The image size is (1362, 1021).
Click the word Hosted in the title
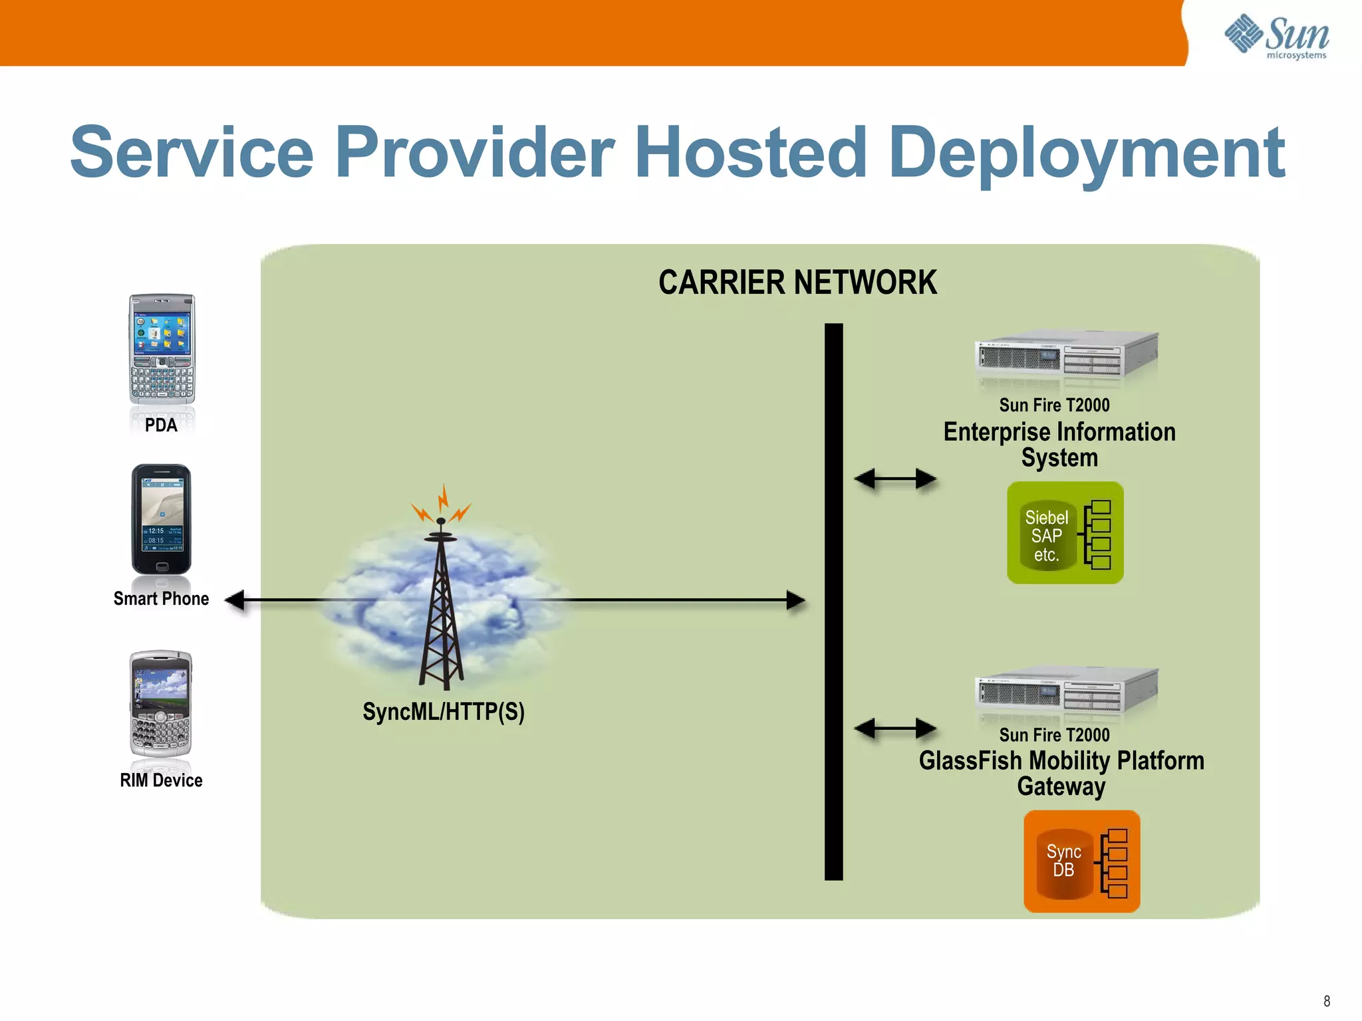tap(751, 153)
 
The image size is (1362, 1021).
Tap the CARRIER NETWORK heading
tap(797, 283)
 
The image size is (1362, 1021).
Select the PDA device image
tap(162, 350)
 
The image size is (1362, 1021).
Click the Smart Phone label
tap(161, 599)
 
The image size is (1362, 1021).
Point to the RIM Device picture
tap(161, 705)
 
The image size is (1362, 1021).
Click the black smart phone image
tap(161, 520)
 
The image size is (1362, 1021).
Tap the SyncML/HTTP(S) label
tap(444, 712)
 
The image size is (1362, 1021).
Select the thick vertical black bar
tap(833, 602)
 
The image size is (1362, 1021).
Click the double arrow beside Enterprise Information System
tap(895, 479)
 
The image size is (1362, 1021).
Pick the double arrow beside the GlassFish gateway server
tap(895, 729)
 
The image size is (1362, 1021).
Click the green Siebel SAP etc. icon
tap(1065, 533)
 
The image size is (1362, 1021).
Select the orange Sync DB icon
tap(1081, 861)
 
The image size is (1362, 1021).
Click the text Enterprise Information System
tap(1059, 445)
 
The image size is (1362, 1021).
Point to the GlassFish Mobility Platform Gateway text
tap(1061, 773)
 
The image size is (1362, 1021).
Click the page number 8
tap(1326, 1001)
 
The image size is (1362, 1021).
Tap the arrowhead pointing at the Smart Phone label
tap(235, 600)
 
